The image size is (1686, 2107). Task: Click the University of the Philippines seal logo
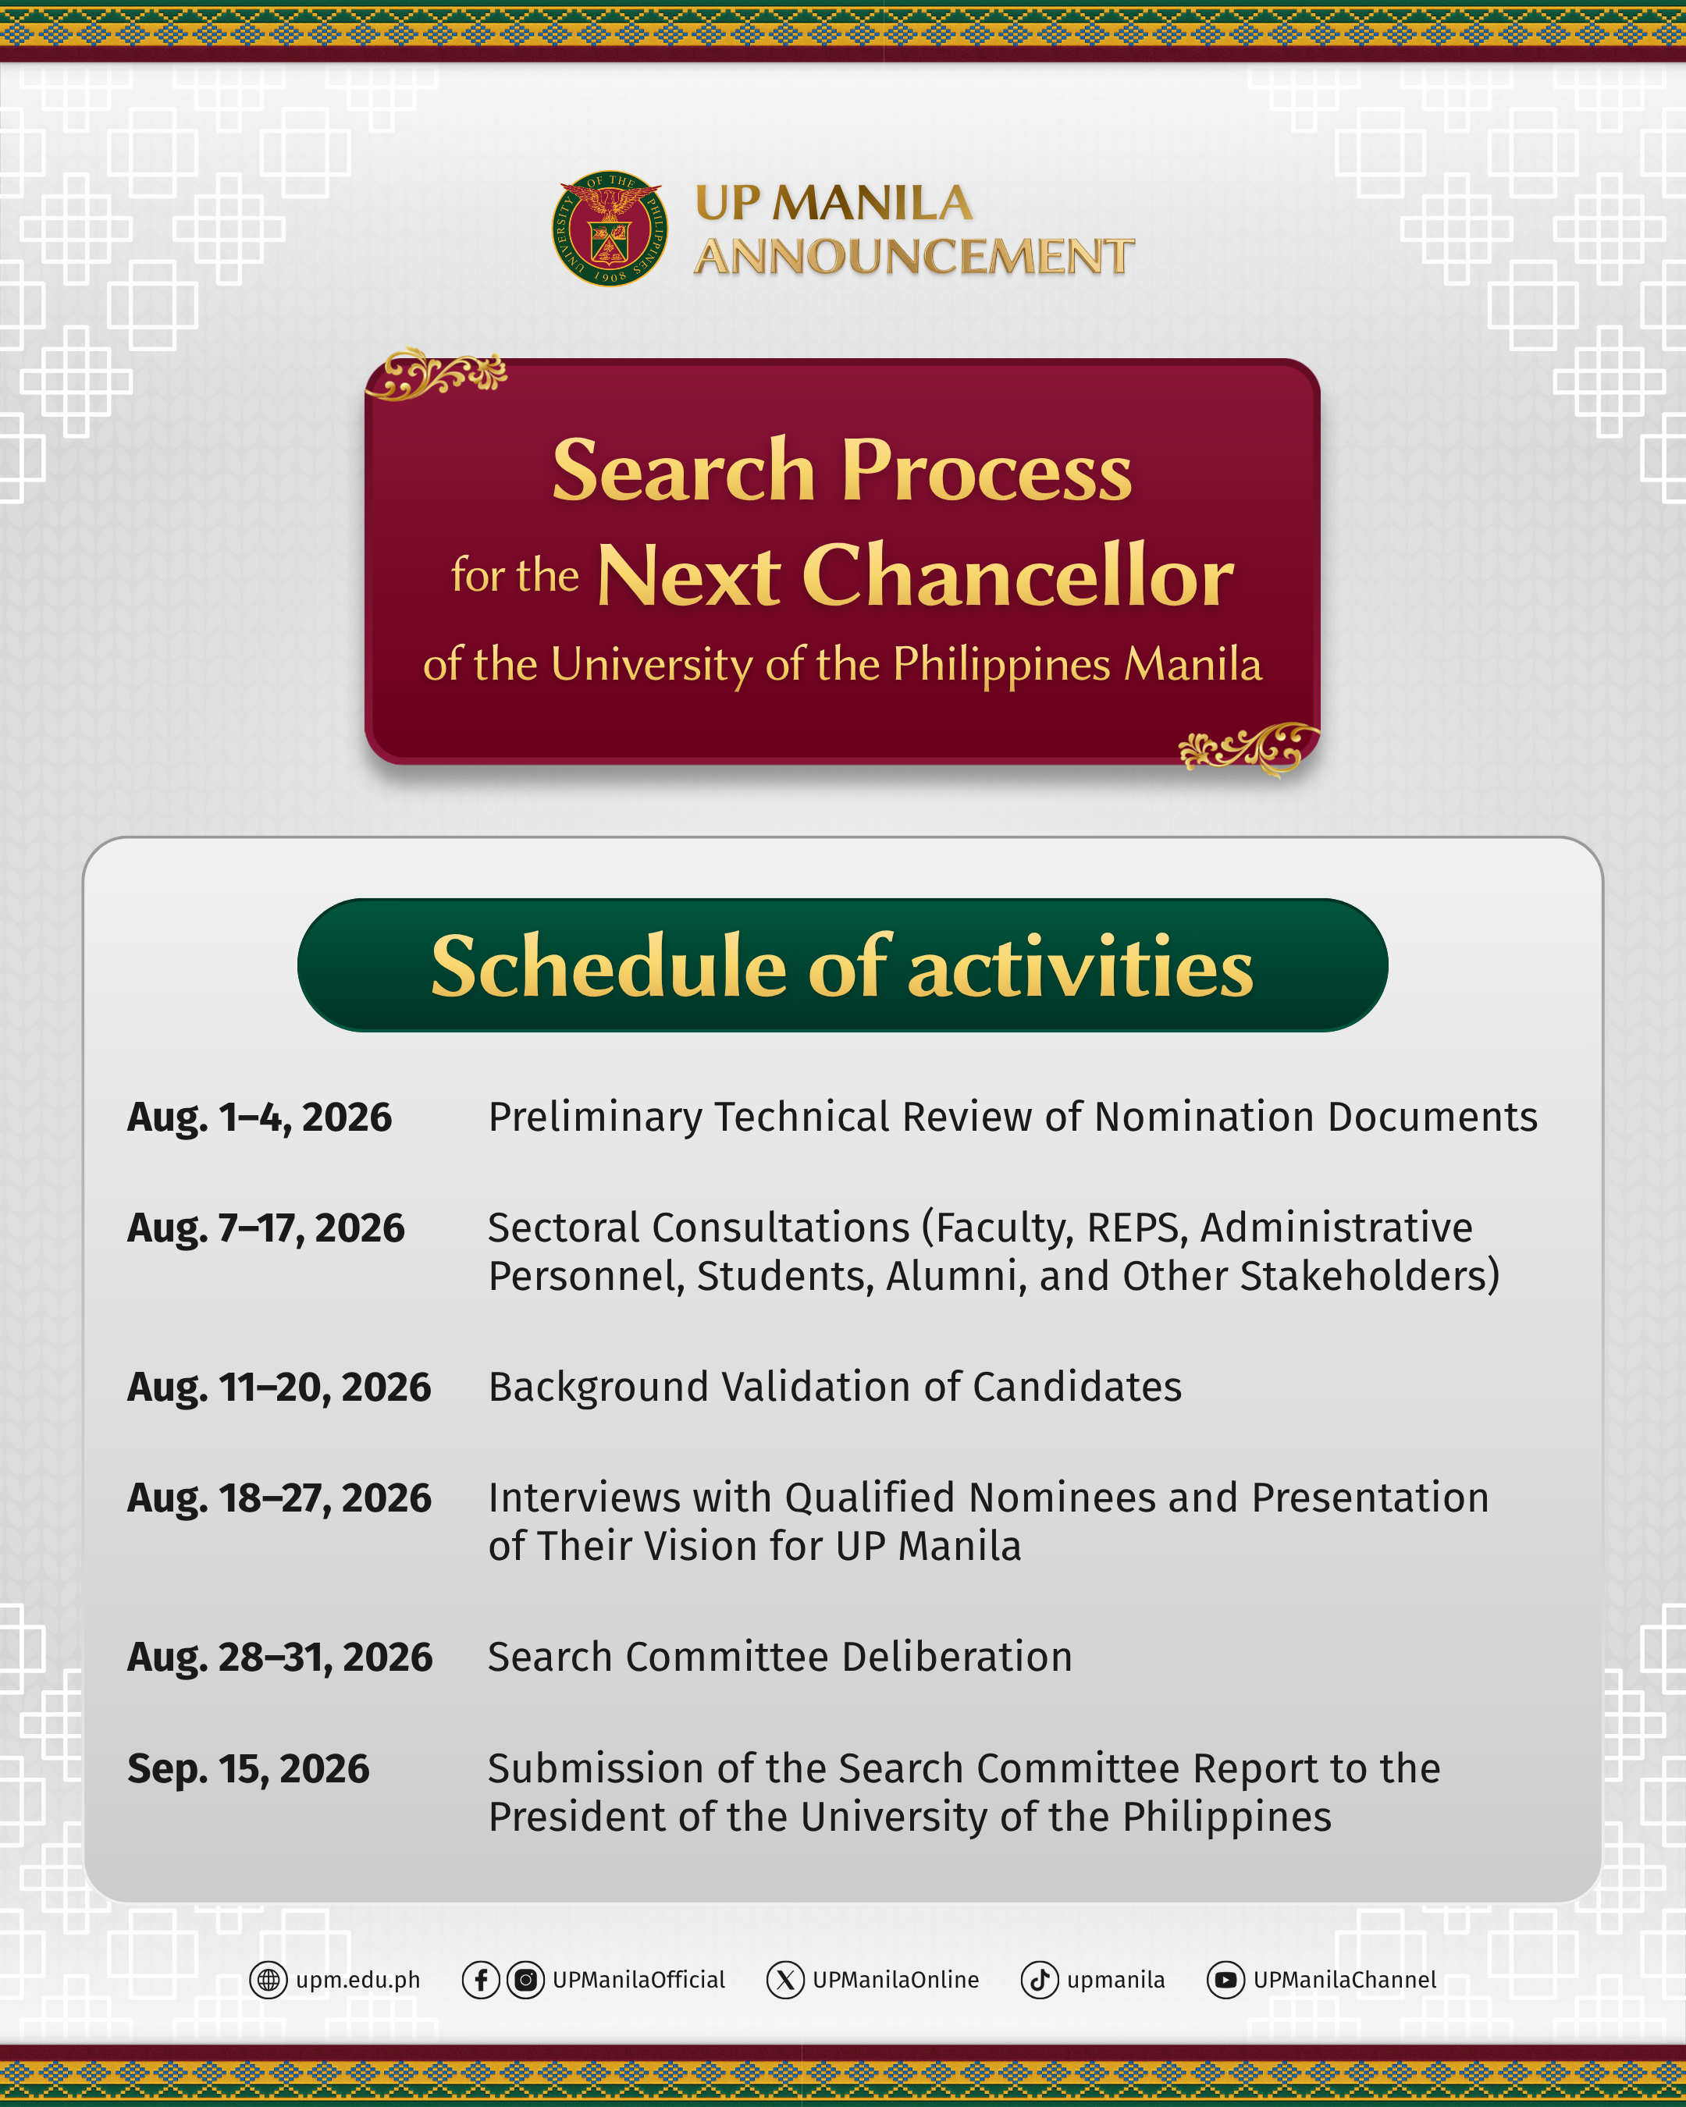610,229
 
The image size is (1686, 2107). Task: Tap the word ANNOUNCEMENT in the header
914,257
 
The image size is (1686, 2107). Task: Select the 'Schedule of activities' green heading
842,965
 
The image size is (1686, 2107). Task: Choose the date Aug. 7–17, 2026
266,1228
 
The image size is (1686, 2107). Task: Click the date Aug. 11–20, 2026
279,1387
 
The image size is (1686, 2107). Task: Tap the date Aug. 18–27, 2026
279,1498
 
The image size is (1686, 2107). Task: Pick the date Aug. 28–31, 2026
279,1658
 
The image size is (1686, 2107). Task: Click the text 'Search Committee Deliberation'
780,1658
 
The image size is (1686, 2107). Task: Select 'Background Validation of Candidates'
834,1387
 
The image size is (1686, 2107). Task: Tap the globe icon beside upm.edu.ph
268,1980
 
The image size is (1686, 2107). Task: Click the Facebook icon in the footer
481,1980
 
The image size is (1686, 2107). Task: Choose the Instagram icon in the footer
526,1980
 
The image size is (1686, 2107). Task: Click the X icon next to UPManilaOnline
784,1980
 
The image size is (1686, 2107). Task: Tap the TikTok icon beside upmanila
1040,1980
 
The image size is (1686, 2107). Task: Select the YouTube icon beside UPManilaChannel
1225,1980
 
